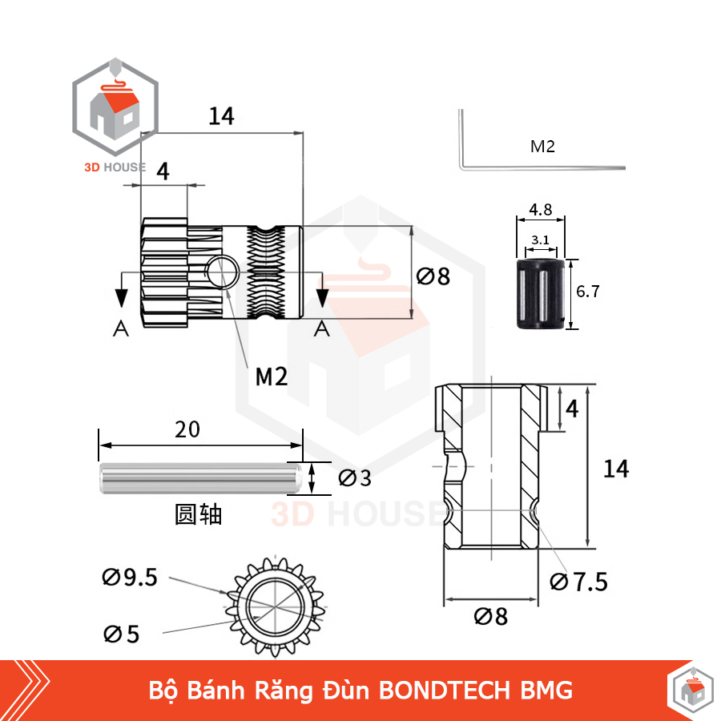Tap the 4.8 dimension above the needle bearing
coord(540,210)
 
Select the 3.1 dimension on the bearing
coord(540,239)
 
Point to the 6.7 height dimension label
coord(588,292)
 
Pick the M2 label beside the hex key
coord(542,146)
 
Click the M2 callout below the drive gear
coord(271,376)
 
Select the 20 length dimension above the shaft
coord(187,429)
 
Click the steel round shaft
coord(199,479)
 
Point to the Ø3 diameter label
coord(355,478)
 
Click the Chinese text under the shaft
coord(198,514)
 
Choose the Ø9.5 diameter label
coord(130,576)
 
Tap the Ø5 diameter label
coord(121,634)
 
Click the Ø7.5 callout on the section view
coord(578,582)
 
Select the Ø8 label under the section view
coord(490,617)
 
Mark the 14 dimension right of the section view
coord(616,468)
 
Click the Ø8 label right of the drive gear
coord(433,276)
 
